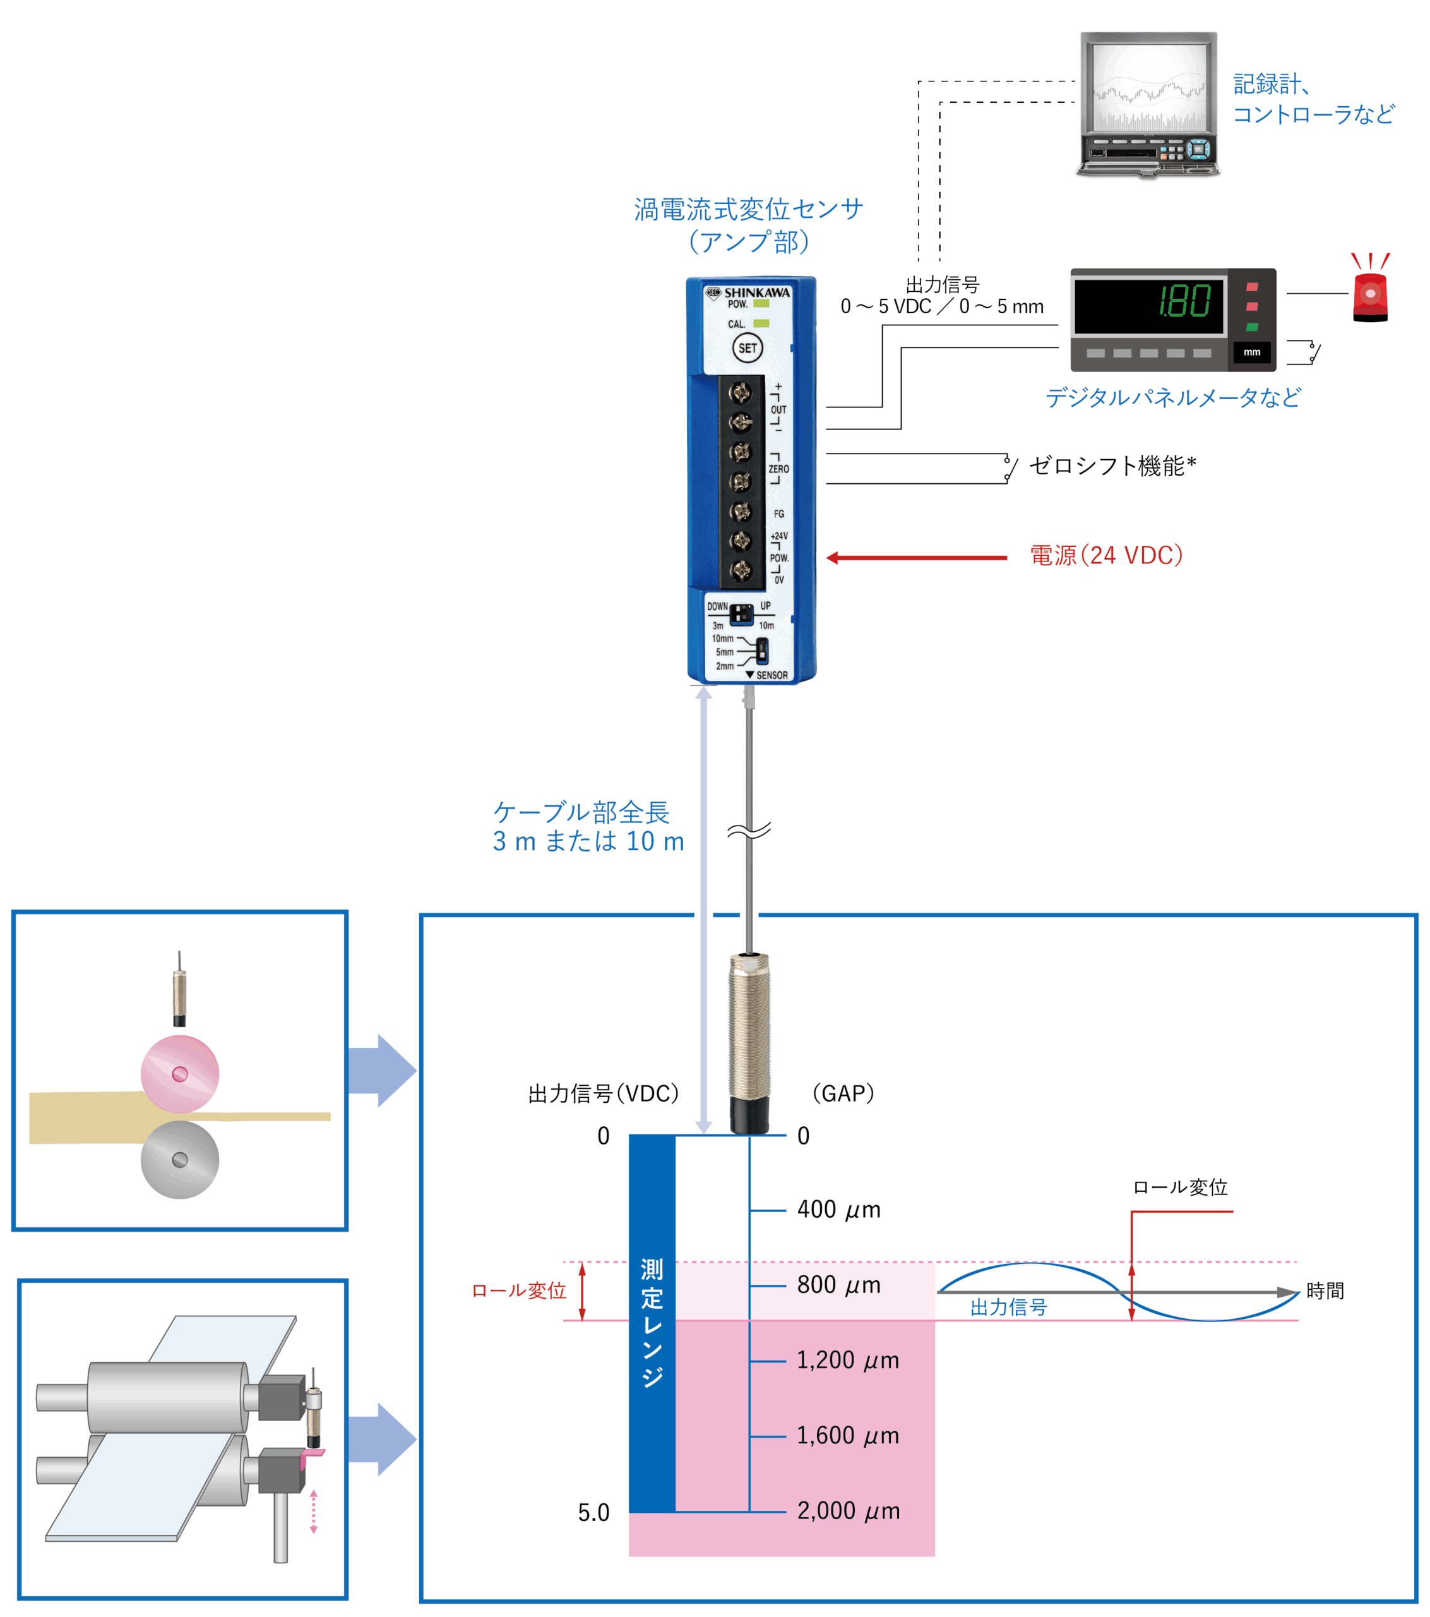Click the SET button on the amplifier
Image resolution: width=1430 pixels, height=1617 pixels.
747,348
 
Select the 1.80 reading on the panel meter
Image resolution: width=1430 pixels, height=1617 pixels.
1183,301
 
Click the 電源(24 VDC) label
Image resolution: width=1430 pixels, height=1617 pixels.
1105,555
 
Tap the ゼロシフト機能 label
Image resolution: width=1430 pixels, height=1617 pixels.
1111,466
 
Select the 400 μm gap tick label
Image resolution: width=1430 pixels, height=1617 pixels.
838,1210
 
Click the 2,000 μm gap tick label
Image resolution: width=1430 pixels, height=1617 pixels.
848,1510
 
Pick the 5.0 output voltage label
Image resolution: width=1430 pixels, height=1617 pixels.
593,1513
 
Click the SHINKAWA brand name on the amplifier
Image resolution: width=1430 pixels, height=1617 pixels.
756,292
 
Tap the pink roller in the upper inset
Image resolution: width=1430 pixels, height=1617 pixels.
179,1074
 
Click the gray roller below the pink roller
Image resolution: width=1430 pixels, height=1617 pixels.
179,1160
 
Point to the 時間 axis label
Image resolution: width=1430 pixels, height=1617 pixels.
1325,1291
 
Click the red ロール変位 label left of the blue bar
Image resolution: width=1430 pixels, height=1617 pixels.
519,1291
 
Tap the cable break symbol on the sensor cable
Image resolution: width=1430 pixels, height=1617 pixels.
748,831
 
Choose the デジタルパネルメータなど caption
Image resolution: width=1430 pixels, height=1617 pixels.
1173,397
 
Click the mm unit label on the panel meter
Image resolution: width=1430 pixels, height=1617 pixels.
1251,352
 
